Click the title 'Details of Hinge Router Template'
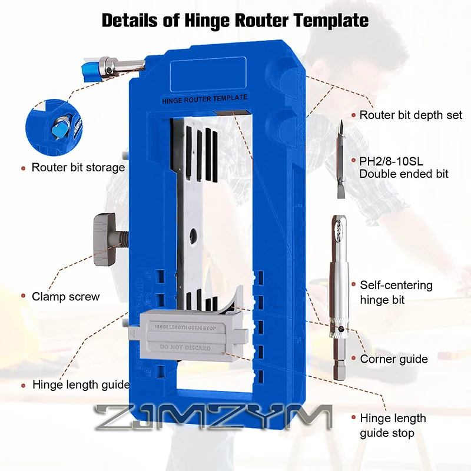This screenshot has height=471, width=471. point(235,20)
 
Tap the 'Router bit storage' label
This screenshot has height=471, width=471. point(78,167)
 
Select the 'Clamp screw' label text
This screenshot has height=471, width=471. point(65,297)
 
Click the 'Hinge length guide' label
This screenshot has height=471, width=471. point(81,385)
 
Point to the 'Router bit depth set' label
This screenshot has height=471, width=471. point(411,115)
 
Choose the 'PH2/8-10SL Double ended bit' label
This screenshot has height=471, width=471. point(404,167)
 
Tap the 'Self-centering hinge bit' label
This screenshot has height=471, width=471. point(396,293)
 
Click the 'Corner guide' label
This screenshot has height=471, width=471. point(394,359)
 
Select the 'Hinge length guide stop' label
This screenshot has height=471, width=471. point(392,426)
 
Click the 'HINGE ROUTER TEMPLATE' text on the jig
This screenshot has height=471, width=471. point(204,99)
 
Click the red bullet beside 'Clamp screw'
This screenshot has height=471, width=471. point(22,297)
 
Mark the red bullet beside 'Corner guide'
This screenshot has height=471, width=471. point(352,359)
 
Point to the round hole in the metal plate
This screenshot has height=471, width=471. point(191,237)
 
